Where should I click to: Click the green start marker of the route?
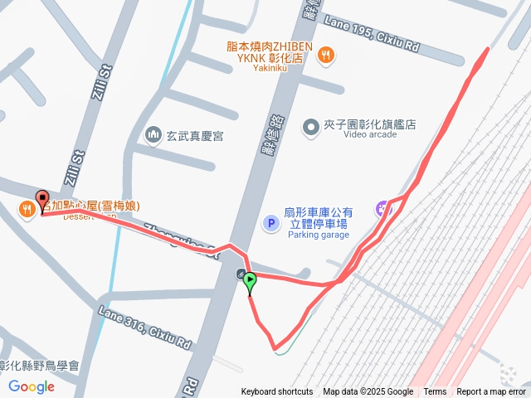click(x=250, y=282)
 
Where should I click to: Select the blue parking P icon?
click(x=270, y=223)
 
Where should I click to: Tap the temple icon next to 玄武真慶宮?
click(x=153, y=133)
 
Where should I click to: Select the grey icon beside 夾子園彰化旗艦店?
click(x=310, y=126)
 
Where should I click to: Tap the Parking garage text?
click(x=319, y=235)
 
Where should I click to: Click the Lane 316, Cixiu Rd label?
click(x=145, y=326)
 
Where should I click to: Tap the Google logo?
click(x=32, y=386)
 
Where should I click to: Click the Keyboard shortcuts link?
click(x=277, y=392)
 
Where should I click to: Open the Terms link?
click(x=435, y=392)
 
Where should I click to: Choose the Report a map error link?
click(x=491, y=392)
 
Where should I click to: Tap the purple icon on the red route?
click(x=384, y=208)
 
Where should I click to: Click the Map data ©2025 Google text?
click(x=368, y=392)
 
